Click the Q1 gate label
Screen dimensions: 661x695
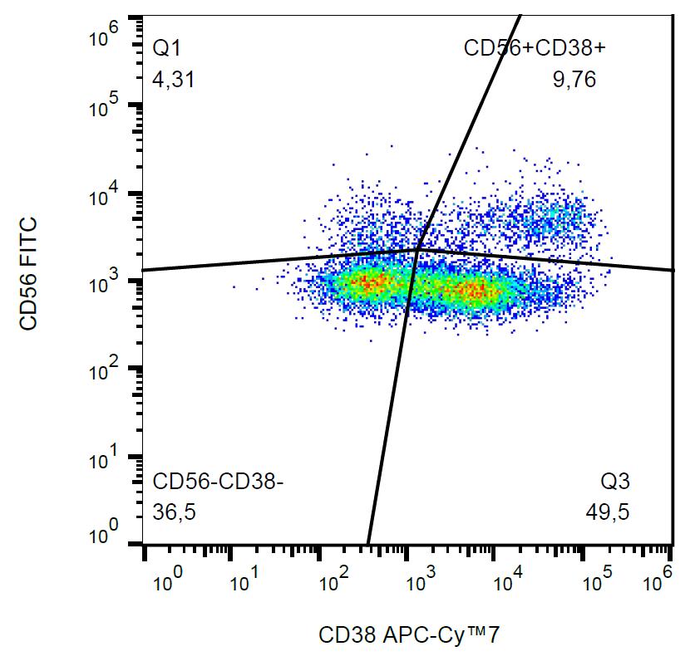(x=166, y=49)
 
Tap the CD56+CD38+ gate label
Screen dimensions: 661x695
(x=535, y=49)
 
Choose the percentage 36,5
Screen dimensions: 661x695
(x=174, y=512)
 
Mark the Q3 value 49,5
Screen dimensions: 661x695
(x=607, y=512)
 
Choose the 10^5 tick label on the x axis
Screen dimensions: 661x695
(x=592, y=579)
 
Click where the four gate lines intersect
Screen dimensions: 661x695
(x=418, y=247)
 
